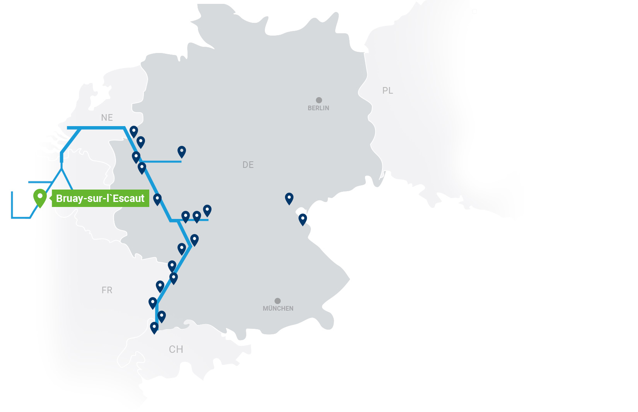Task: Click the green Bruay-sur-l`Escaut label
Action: tap(100, 198)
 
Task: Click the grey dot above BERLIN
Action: tap(319, 100)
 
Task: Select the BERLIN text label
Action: tap(318, 108)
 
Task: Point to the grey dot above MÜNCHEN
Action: tap(278, 301)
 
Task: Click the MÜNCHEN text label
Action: tap(278, 308)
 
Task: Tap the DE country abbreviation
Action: tap(248, 165)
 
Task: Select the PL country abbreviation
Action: tap(387, 91)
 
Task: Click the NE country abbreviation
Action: tap(107, 118)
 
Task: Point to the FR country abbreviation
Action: tap(107, 290)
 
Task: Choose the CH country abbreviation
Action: tap(176, 349)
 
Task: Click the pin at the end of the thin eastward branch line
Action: tap(182, 151)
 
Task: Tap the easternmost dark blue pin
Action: tap(303, 219)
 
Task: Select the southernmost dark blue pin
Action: tap(154, 327)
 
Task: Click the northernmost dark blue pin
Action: tap(134, 131)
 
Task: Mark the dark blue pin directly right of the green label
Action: tap(157, 199)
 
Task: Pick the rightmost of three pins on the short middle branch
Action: tap(207, 210)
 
